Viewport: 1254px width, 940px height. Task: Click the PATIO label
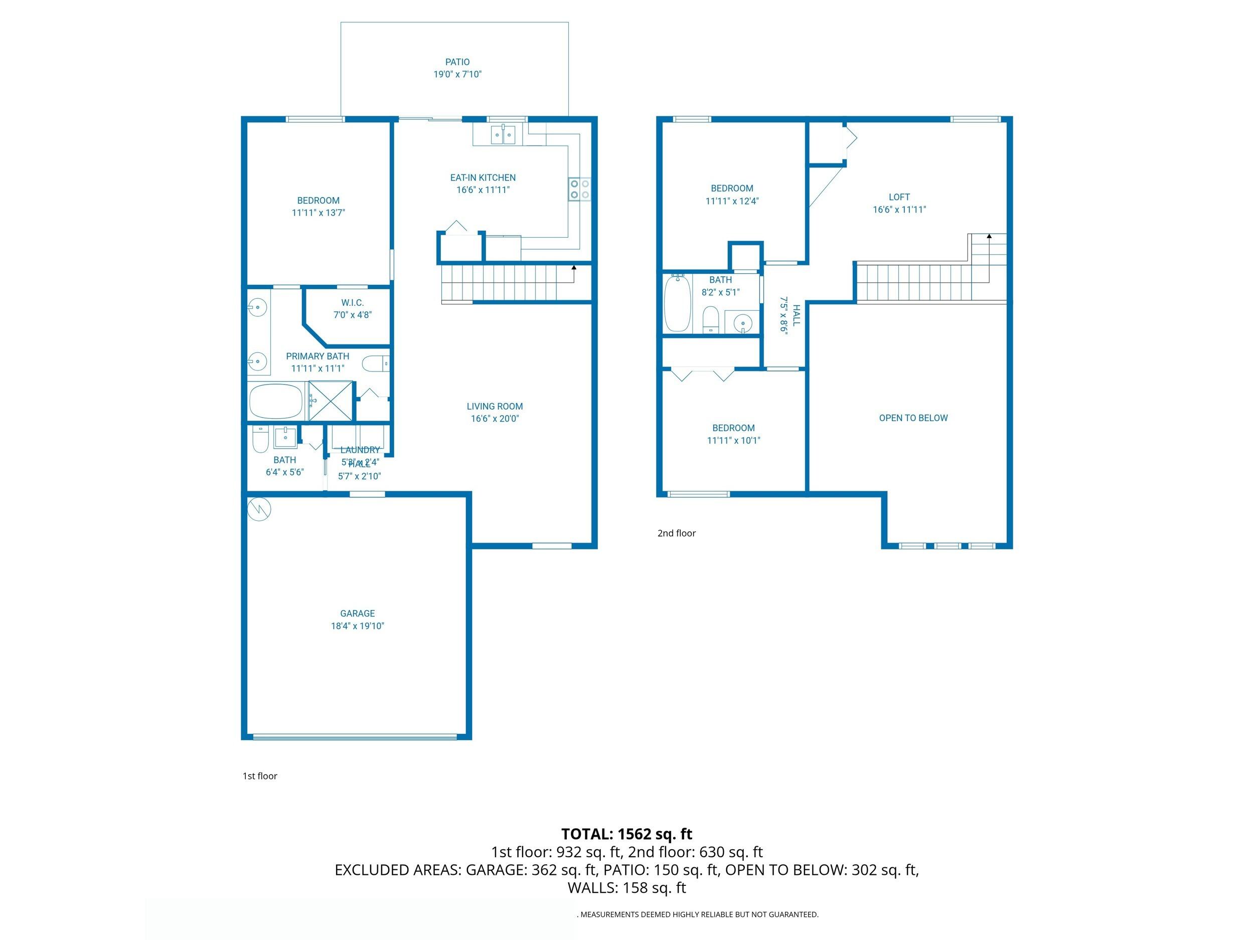[457, 62]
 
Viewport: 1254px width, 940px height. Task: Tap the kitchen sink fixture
[503, 134]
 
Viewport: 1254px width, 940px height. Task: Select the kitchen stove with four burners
[579, 189]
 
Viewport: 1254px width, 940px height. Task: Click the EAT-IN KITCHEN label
[483, 177]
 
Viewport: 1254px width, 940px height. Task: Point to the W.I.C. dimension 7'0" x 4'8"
[352, 315]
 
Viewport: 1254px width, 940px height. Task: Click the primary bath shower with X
[330, 401]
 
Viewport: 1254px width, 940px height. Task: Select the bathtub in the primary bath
[276, 401]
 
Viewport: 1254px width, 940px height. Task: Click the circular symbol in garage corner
[260, 509]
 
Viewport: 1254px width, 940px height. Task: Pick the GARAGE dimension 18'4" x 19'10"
[357, 626]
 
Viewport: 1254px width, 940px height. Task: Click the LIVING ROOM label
[495, 406]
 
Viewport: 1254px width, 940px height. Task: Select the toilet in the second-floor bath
[710, 320]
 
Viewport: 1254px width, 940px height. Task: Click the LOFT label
[899, 197]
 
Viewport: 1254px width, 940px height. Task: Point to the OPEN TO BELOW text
[913, 418]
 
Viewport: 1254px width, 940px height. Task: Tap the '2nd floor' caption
[676, 533]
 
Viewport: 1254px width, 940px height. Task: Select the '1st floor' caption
[260, 776]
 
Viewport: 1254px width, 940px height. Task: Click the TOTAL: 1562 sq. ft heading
[626, 834]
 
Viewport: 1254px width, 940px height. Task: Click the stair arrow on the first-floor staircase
[574, 267]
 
